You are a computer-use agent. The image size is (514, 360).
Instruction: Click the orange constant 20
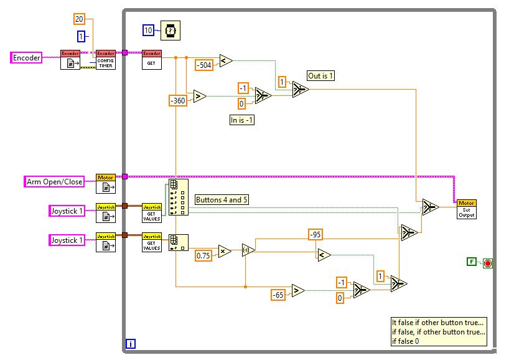pyautogui.click(x=80, y=19)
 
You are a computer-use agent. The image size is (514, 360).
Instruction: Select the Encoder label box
pyautogui.click(x=27, y=58)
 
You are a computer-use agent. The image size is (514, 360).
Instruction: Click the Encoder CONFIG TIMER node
pyautogui.click(x=106, y=59)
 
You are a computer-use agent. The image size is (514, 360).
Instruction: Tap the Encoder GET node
pyautogui.click(x=152, y=59)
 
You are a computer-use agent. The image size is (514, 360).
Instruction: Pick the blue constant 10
pyautogui.click(x=149, y=30)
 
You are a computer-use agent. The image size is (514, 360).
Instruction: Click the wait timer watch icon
pyautogui.click(x=169, y=30)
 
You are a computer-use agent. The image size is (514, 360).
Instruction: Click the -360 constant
pyautogui.click(x=178, y=100)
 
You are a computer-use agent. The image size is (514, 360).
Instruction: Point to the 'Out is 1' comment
pyautogui.click(x=321, y=76)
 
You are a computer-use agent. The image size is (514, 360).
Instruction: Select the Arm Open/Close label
pyautogui.click(x=54, y=182)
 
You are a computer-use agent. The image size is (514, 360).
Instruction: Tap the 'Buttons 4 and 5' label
pyautogui.click(x=221, y=200)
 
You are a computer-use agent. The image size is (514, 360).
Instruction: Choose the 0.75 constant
pyautogui.click(x=204, y=255)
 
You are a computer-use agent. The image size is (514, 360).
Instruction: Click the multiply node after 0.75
pyautogui.click(x=223, y=251)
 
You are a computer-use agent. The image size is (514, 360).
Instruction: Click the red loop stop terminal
pyautogui.click(x=487, y=263)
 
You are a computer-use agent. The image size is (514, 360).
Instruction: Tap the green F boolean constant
pyautogui.click(x=472, y=262)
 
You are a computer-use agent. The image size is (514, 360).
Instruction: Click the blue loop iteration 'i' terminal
pyautogui.click(x=131, y=343)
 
